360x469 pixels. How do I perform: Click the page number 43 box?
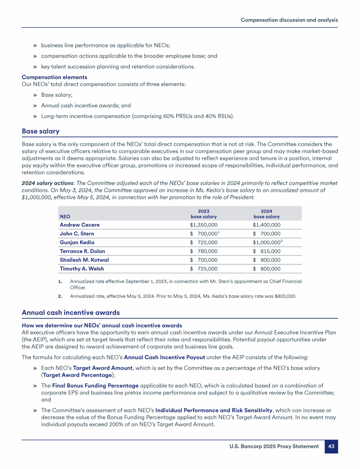(331, 446)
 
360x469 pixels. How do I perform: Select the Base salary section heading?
(41, 131)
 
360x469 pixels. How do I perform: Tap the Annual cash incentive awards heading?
(71, 313)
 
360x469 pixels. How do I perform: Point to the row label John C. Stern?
(77, 234)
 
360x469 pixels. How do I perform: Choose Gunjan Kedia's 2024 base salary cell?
(267, 242)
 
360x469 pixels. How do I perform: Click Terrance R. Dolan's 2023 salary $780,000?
(203, 251)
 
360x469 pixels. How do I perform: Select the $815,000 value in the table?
(266, 251)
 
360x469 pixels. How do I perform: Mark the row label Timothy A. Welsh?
(82, 269)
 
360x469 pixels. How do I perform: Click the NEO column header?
(65, 217)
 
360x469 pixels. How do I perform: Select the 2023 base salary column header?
(203, 214)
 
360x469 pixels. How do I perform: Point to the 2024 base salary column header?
(266, 214)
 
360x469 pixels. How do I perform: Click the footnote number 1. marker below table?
(60, 281)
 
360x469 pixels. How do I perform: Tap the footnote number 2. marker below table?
(60, 296)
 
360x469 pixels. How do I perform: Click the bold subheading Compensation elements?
(54, 77)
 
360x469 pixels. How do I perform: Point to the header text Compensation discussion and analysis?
(289, 20)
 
